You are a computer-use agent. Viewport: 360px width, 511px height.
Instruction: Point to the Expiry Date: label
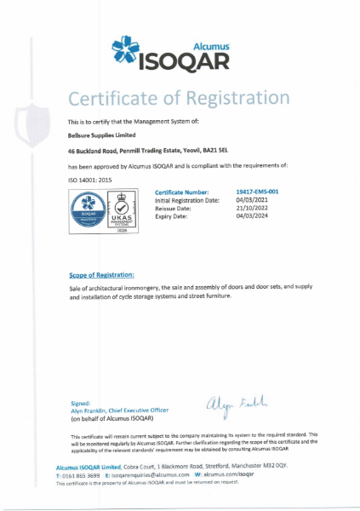pos(173,215)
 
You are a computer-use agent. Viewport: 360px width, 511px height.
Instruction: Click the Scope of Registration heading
pos(101,275)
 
